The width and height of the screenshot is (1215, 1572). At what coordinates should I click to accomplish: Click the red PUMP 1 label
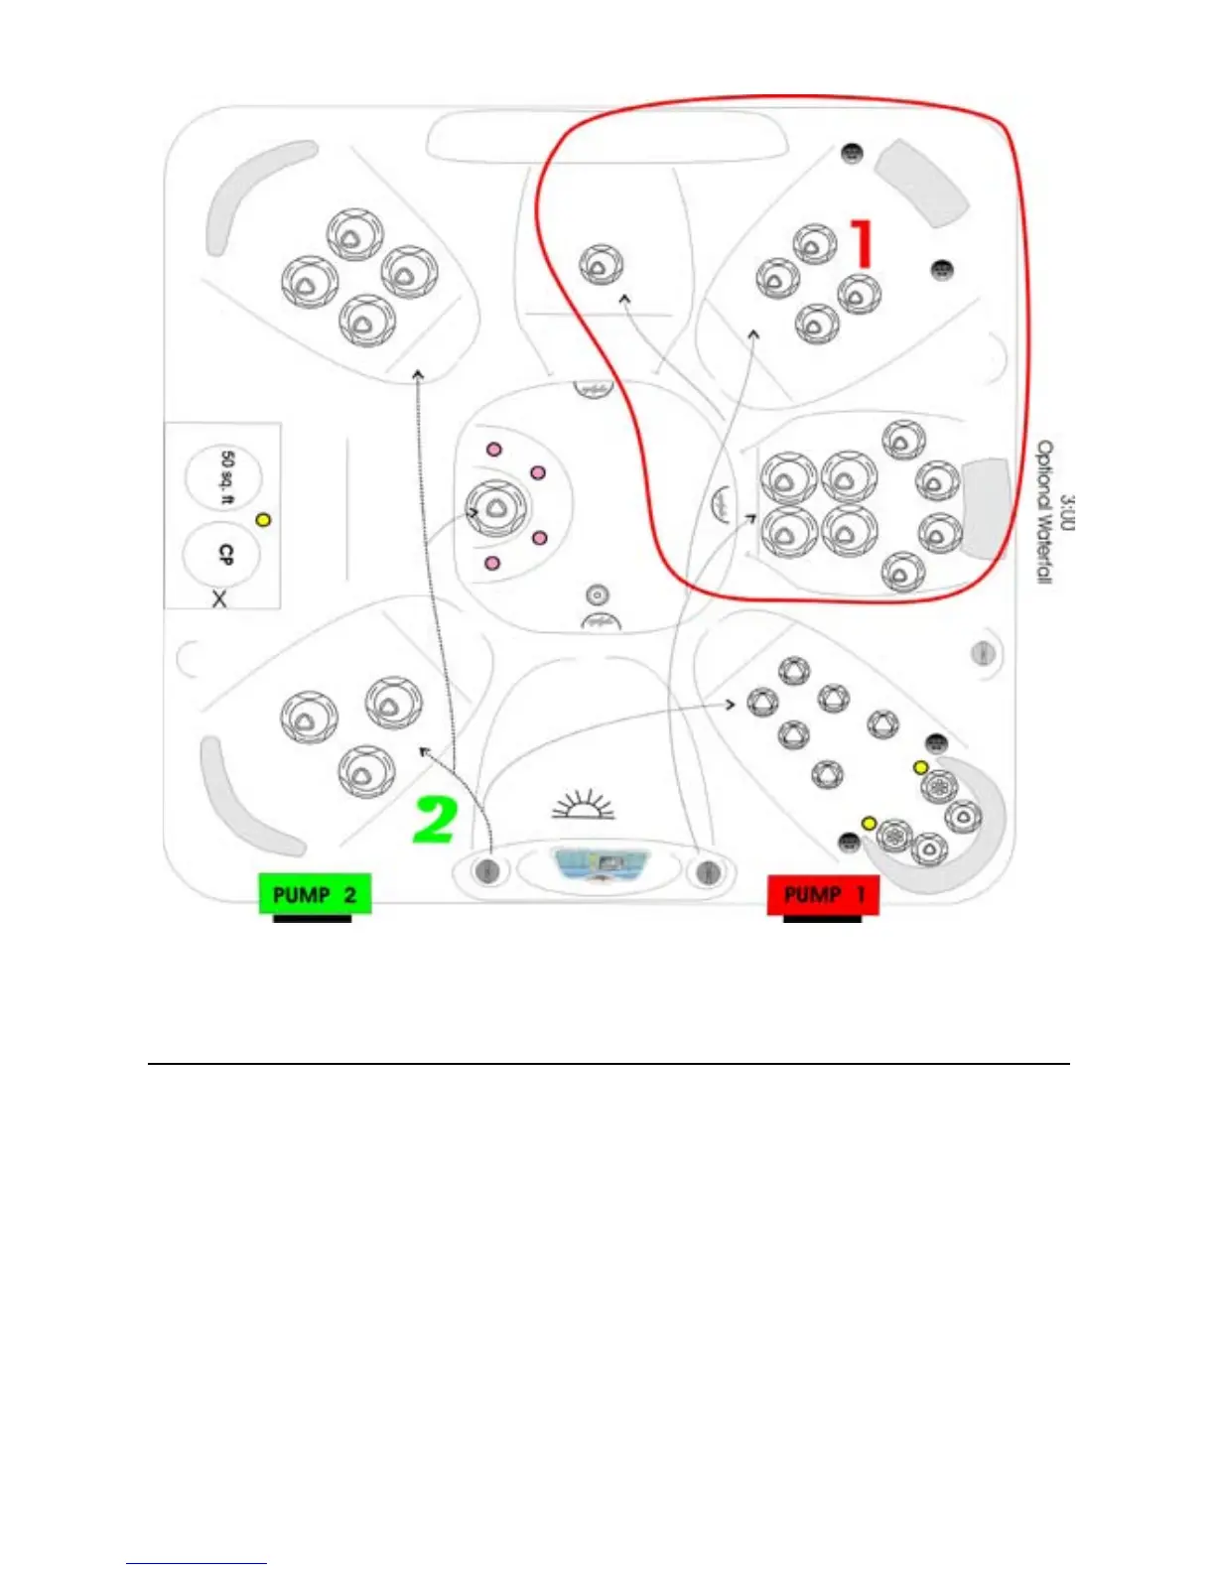[x=823, y=894]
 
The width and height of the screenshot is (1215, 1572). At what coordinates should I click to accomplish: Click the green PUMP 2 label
[x=314, y=894]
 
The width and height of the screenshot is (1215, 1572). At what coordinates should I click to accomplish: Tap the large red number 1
[x=862, y=244]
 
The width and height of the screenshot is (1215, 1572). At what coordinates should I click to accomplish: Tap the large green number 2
[x=434, y=820]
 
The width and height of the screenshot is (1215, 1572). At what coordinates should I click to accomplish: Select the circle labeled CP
[x=223, y=555]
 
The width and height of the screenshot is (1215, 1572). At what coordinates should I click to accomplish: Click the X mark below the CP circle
[x=219, y=599]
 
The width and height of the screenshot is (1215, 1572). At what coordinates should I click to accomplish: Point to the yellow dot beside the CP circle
[x=263, y=519]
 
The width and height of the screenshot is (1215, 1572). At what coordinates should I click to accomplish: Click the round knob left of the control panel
[x=487, y=871]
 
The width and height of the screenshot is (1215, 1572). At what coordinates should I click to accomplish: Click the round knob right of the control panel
[x=707, y=871]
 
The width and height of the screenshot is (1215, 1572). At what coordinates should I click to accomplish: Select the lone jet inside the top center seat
[x=601, y=265]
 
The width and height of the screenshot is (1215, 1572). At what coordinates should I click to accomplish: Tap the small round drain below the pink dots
[x=597, y=594]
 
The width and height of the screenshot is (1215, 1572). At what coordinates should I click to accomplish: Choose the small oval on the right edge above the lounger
[x=983, y=652]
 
